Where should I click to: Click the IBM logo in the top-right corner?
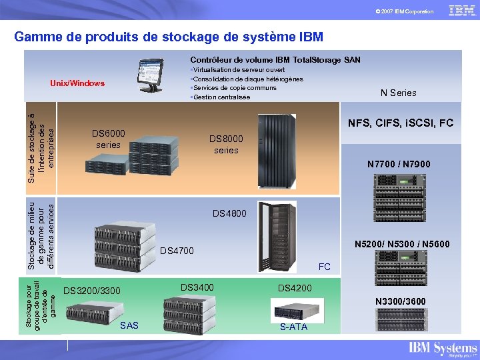(x=462, y=11)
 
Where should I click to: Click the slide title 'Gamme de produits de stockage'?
(x=168, y=36)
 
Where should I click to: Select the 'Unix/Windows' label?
(x=77, y=83)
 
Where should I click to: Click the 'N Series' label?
(x=398, y=93)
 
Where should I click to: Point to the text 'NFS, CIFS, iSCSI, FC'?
(x=401, y=123)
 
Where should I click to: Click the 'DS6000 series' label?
(x=108, y=139)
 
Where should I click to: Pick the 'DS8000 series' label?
(x=226, y=144)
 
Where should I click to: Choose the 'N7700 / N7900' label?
(x=399, y=164)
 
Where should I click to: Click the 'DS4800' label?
(x=229, y=213)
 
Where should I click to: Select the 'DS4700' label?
(x=177, y=251)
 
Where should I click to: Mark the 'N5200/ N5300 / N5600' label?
(x=402, y=245)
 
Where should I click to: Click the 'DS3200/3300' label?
(x=91, y=291)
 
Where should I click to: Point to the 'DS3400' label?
(x=197, y=287)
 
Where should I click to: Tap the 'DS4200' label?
(x=294, y=288)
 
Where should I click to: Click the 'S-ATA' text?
(x=293, y=327)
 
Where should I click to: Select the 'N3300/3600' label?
(x=400, y=302)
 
